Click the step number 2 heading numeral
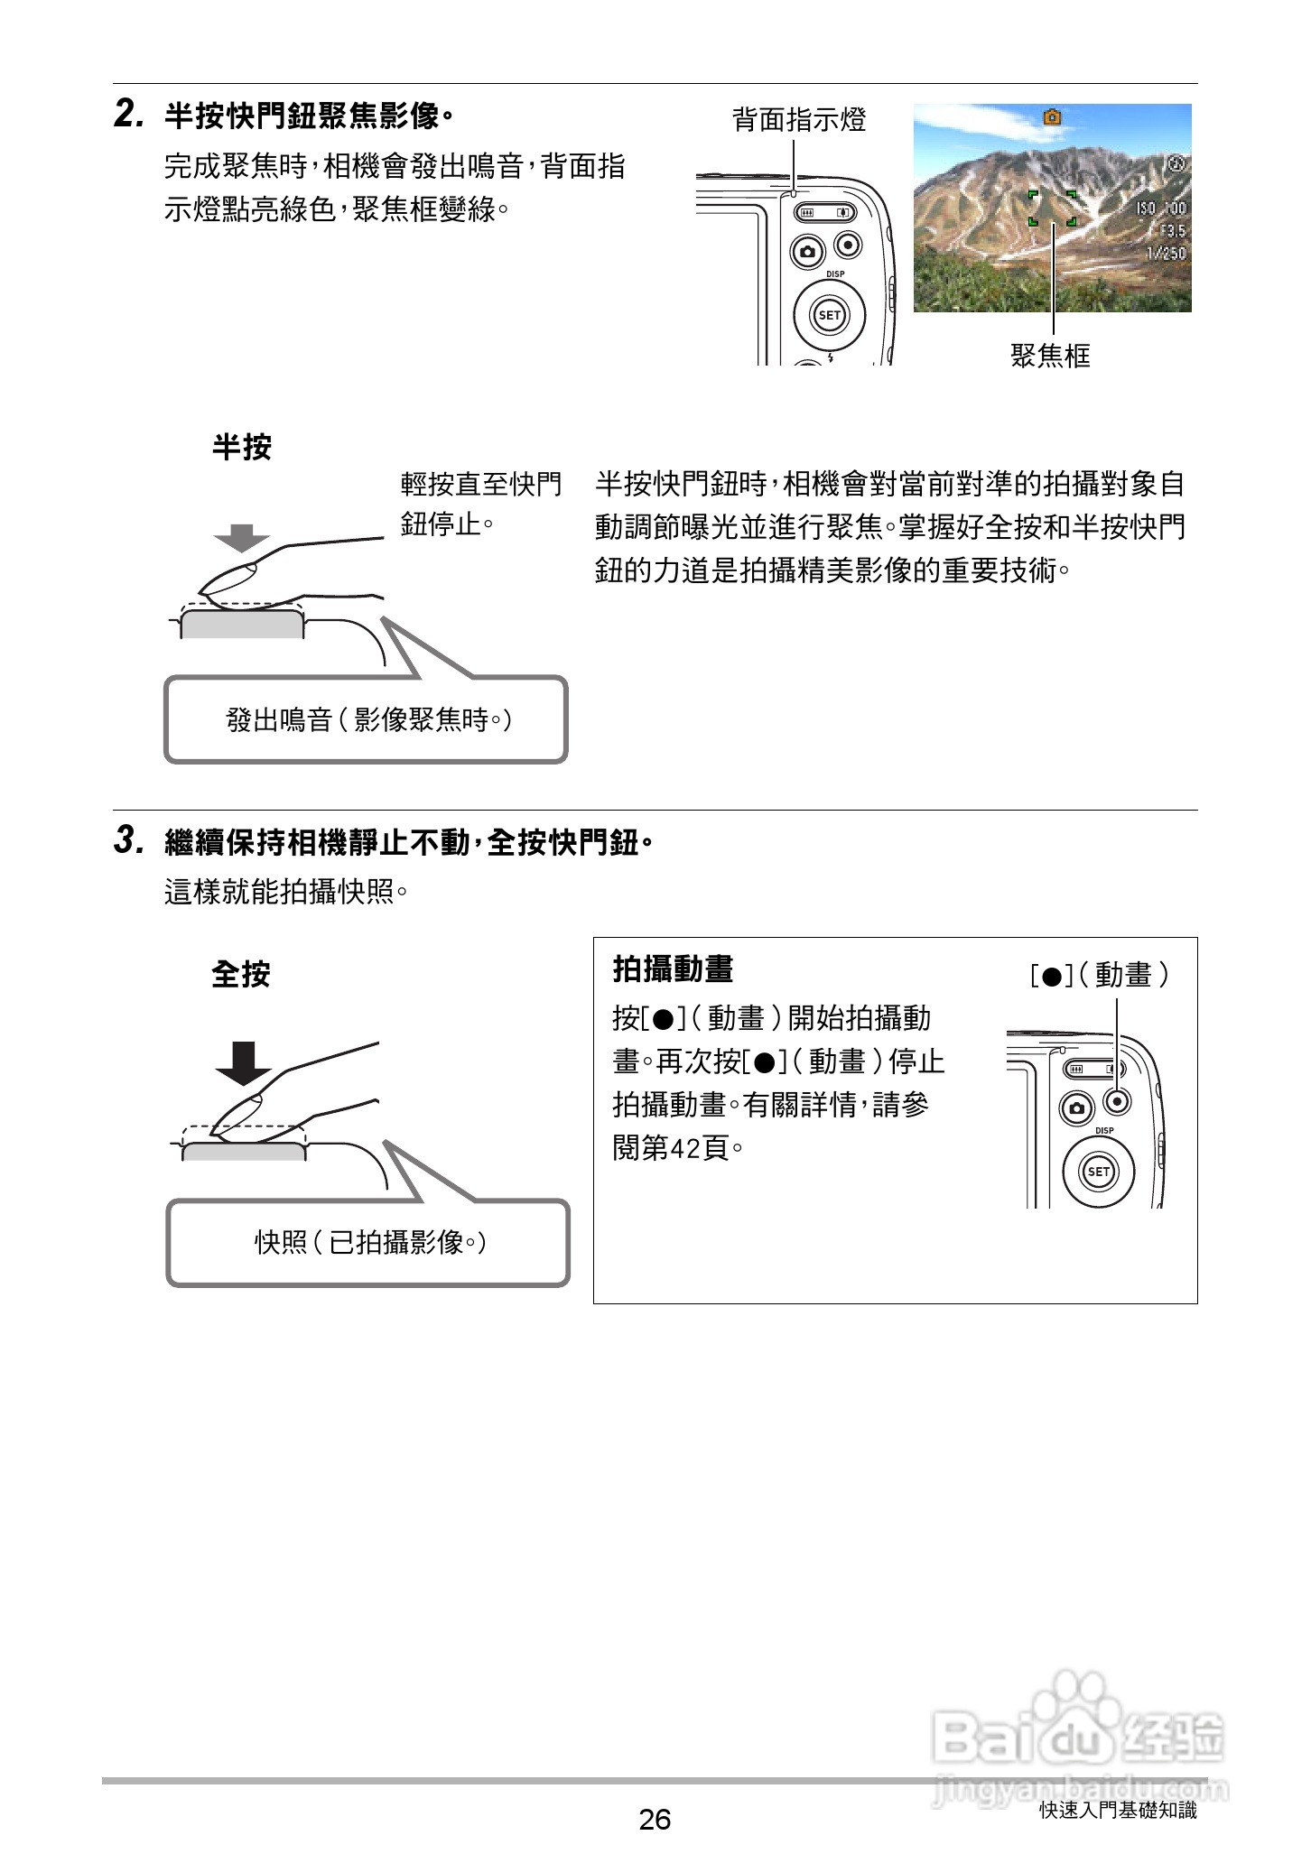[127, 115]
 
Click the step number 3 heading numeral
[127, 841]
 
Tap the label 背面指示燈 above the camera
[798, 119]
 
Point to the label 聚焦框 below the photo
[1050, 356]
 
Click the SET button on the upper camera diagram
[829, 315]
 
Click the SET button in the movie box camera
[1098, 1172]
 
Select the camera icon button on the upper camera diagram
[807, 251]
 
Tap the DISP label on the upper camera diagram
[835, 274]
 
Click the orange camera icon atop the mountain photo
[1052, 116]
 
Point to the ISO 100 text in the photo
[1160, 209]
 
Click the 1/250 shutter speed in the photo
[1165, 253]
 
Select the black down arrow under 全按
[244, 1062]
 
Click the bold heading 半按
[241, 447]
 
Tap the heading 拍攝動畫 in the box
[673, 969]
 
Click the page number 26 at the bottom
[655, 1819]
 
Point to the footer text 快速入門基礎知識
[1117, 1810]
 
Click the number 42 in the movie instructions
[687, 1149]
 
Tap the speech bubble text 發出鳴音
[279, 719]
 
